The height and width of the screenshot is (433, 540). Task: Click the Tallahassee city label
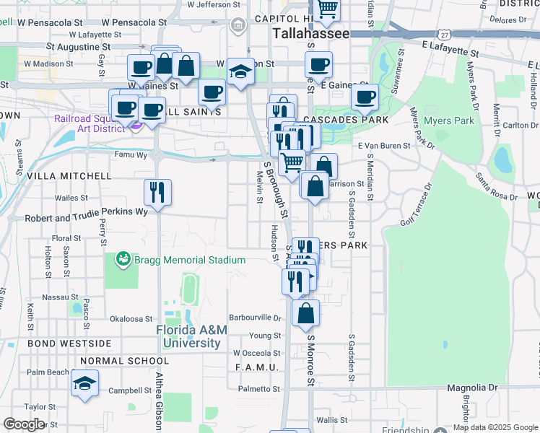coord(311,34)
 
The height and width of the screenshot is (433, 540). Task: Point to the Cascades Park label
coord(346,119)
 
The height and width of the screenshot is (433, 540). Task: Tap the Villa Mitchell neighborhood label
coord(59,175)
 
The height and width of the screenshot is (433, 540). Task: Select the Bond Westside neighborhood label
coord(59,344)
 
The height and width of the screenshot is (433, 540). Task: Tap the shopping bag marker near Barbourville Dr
coord(306,312)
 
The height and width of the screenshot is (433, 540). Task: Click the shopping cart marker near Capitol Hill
coord(327,9)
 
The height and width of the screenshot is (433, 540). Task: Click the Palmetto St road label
coord(260,389)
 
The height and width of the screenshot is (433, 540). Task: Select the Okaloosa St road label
coord(132,318)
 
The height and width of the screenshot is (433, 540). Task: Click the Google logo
coord(24,424)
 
